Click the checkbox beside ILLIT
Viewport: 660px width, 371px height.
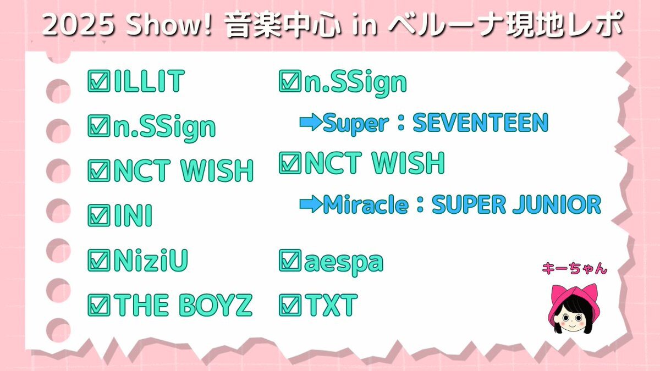[x=99, y=81]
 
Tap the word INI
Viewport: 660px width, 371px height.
[x=133, y=215]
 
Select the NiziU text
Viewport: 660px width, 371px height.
[x=151, y=261]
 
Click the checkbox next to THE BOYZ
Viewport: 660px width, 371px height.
[x=99, y=305]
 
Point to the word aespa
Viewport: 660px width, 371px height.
[x=344, y=262]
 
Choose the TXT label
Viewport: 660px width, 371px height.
[x=331, y=305]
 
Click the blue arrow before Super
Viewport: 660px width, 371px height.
[x=311, y=122]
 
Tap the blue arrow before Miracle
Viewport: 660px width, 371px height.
[x=311, y=204]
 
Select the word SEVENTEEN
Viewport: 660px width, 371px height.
[x=481, y=122]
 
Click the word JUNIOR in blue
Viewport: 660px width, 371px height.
[x=557, y=204]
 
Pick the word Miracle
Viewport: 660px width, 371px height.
[x=366, y=204]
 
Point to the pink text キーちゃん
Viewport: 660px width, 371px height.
[x=575, y=269]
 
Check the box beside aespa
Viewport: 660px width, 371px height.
[x=290, y=261]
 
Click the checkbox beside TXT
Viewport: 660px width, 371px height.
[x=290, y=305]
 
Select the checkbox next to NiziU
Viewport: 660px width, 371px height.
[x=99, y=261]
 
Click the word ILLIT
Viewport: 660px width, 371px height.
[x=149, y=81]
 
